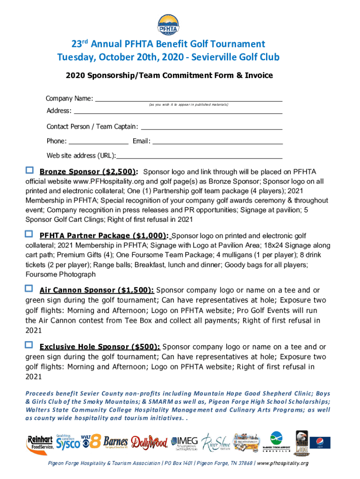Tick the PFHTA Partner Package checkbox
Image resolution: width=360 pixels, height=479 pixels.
29,233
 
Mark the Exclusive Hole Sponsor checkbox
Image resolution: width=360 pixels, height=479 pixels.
29,345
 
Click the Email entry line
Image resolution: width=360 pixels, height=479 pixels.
217,141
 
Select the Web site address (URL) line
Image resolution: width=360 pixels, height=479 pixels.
199,156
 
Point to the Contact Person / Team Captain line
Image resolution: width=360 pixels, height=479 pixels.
211,127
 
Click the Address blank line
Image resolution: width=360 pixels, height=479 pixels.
178,111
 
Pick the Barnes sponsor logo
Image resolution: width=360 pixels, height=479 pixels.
115,442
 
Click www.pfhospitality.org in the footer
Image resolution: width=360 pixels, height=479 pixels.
283,464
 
